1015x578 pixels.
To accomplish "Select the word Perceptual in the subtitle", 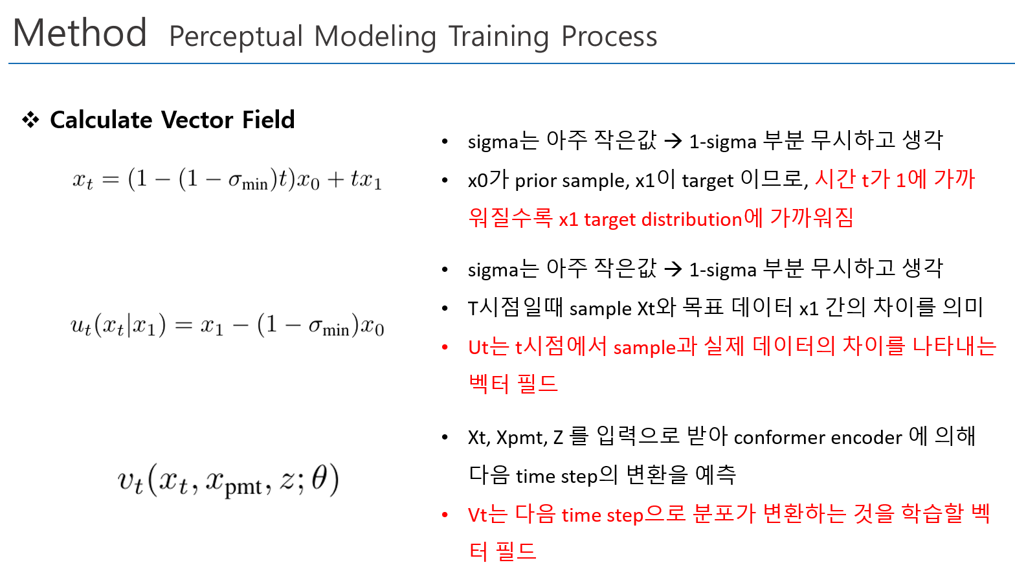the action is point(236,37).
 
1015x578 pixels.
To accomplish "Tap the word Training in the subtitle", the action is point(499,37).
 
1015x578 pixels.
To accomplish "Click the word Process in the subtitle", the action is point(610,36).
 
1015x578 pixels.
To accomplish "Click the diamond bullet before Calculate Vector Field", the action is point(31,120).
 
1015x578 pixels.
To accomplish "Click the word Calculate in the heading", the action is point(101,120).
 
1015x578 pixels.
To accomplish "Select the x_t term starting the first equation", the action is point(83,181).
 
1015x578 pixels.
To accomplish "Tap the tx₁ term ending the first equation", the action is point(366,180).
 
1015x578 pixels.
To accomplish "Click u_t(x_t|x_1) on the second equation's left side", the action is point(118,326).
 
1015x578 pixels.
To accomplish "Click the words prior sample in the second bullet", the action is point(572,181).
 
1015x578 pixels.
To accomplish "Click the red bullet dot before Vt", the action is point(445,515).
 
